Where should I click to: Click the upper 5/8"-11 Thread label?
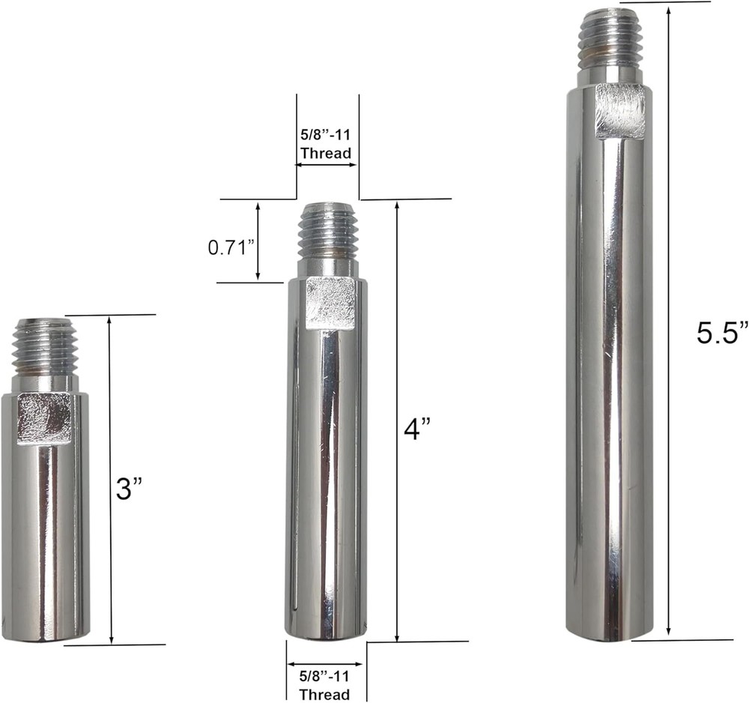click(326, 146)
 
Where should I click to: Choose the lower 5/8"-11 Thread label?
click(324, 685)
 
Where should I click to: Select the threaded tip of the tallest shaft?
click(607, 37)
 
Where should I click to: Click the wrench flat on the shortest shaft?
click(45, 417)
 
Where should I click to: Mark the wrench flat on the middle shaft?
click(330, 302)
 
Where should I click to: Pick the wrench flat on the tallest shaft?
click(620, 111)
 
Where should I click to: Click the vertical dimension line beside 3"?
click(111, 480)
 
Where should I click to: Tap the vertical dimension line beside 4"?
click(396, 420)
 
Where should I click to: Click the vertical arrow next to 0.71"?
click(258, 241)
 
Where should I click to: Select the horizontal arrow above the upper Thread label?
click(326, 166)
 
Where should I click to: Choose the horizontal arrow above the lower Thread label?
click(325, 664)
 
